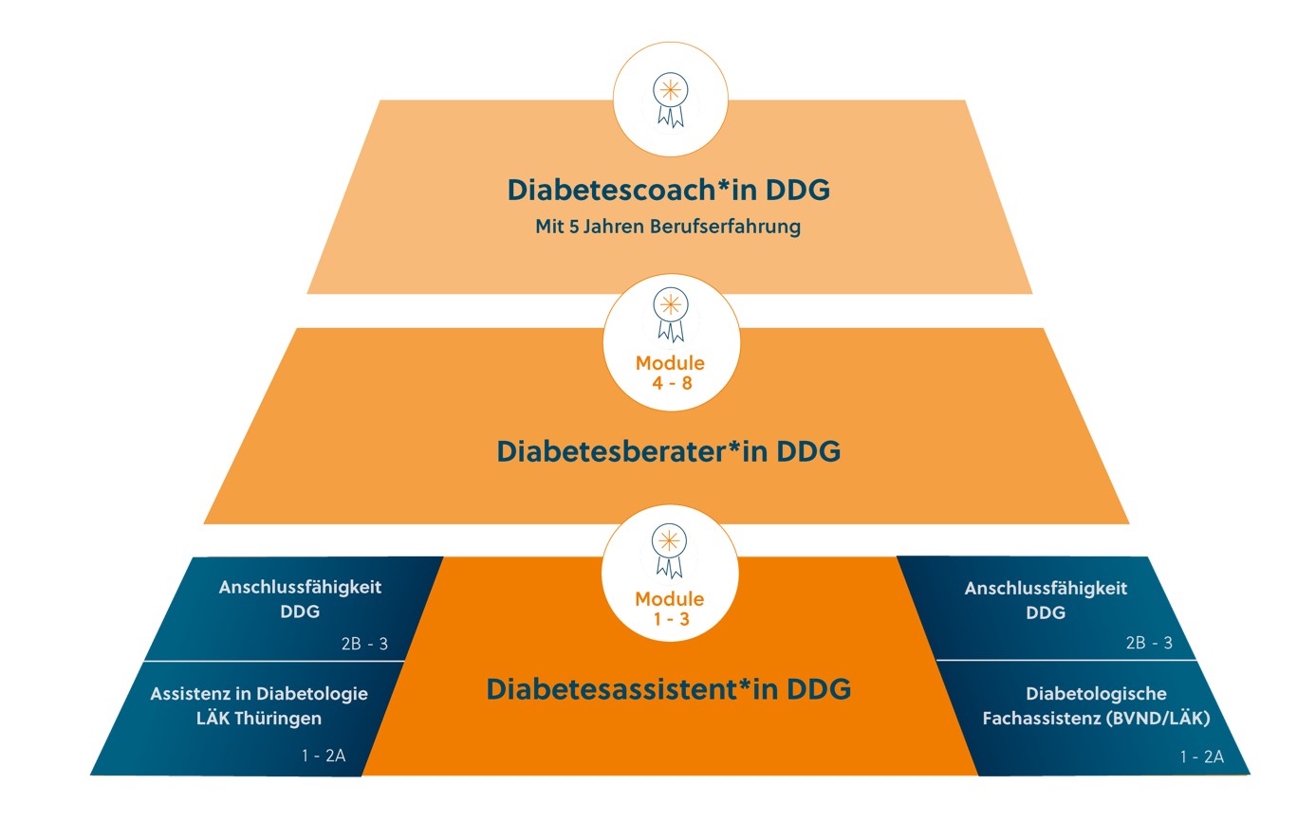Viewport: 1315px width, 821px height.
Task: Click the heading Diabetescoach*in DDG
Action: (668, 190)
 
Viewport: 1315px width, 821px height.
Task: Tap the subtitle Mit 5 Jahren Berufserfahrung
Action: (668, 228)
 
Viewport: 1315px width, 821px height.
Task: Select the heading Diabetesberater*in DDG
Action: (668, 451)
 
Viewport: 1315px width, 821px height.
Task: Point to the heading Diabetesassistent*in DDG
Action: (668, 688)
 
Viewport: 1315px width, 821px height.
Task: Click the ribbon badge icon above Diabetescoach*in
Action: (670, 99)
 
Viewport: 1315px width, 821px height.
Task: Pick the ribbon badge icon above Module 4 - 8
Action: (670, 315)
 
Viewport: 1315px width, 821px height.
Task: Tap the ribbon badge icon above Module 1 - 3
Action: (670, 549)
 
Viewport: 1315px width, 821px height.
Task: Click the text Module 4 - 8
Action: (670, 373)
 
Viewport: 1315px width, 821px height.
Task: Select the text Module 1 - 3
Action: (670, 609)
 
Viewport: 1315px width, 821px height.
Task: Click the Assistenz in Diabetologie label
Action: (259, 694)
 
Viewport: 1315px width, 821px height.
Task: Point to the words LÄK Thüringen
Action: (259, 718)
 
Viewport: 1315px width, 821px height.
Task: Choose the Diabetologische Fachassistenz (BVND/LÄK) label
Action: (1096, 706)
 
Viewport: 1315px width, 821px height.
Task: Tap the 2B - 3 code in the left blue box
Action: (364, 644)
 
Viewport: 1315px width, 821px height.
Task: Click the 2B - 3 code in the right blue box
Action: (1149, 643)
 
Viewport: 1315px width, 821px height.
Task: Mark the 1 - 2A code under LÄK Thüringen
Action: (323, 757)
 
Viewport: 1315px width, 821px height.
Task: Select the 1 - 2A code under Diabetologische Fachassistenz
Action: (1201, 757)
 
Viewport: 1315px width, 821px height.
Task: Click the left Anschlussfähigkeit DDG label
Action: (300, 599)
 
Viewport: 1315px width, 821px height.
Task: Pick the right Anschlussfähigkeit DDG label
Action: (1046, 600)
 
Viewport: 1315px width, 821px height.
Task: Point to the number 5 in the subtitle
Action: (574, 228)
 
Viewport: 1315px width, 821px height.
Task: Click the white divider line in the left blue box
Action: (275, 661)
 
